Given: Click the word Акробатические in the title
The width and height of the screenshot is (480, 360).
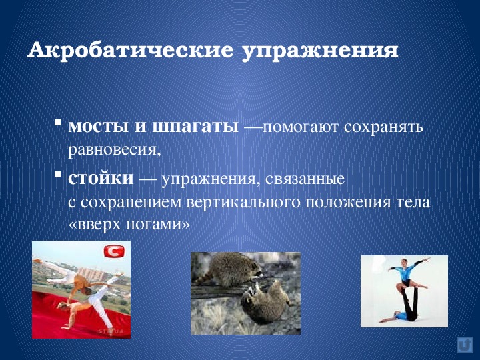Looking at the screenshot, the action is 130,50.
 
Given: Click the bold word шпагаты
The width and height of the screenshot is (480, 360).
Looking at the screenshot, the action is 195,127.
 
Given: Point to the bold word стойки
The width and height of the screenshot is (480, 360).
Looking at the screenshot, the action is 101,177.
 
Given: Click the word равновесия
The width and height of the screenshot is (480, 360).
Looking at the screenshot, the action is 114,150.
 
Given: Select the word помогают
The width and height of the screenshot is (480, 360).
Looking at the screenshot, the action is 301,127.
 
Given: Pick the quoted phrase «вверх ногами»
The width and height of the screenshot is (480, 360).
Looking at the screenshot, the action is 129,224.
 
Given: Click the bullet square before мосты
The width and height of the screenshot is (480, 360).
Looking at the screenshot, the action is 57,122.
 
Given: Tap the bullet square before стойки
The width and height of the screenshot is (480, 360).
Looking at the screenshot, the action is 57,174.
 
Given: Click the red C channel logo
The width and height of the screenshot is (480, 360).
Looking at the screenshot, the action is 114,251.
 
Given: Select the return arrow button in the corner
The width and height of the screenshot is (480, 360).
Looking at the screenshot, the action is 465,345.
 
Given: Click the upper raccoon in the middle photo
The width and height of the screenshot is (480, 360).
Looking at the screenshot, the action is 232,269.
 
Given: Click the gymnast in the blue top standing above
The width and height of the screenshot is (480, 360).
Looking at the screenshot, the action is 407,273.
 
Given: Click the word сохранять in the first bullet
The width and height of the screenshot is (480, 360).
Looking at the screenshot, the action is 383,127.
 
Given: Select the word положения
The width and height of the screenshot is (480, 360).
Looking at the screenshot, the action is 348,203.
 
